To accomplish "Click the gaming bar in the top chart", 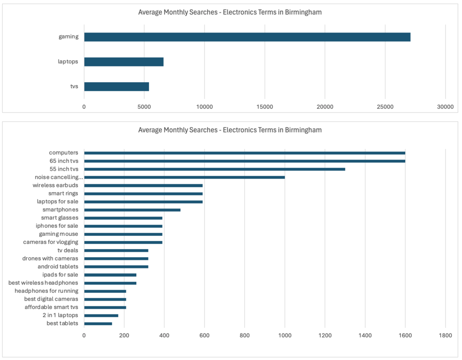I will click(x=247, y=37).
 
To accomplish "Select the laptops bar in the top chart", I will click(x=124, y=62).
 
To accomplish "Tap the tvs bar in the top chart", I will click(x=116, y=86).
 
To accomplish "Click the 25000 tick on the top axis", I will click(x=385, y=106).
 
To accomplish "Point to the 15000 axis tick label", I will click(x=264, y=106).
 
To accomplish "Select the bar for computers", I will click(x=245, y=153).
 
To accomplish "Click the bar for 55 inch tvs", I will click(x=214, y=169).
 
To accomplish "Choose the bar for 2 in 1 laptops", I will click(x=101, y=315).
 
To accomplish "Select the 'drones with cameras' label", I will click(x=50, y=258).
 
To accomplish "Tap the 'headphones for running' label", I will click(x=46, y=291).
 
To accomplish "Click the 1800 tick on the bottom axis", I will click(x=445, y=336).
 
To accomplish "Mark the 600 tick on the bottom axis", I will click(x=204, y=336).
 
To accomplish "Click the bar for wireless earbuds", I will click(x=143, y=185).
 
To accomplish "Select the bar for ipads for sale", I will click(x=110, y=275).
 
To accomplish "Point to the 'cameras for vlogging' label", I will click(x=51, y=242).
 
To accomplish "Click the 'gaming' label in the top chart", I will click(x=69, y=37).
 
